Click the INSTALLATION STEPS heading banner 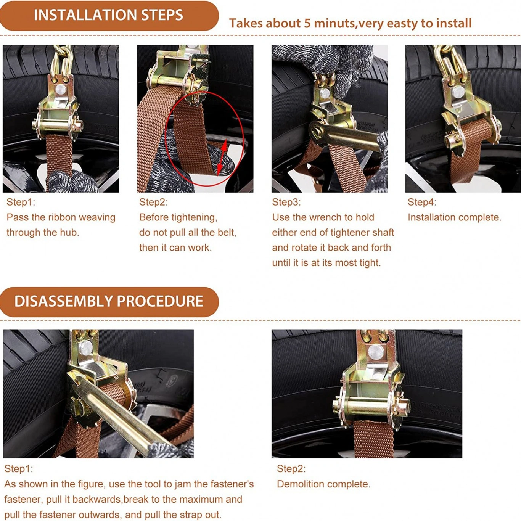point(109,15)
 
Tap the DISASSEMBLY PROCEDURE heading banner point(109,301)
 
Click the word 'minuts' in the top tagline point(334,23)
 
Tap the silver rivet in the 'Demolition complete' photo point(376,352)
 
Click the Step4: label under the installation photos point(422,202)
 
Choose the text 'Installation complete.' point(455,217)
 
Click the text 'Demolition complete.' point(323,484)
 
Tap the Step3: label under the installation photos point(286,202)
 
